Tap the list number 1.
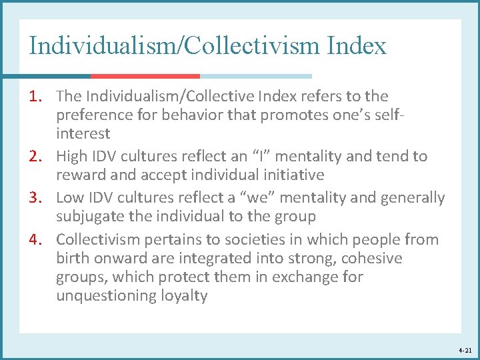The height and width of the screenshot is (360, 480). [37, 97]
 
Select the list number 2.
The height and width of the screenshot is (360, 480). [37, 157]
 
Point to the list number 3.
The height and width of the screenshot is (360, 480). [37, 198]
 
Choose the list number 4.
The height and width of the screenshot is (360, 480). [37, 239]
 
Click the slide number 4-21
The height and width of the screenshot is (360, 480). [465, 349]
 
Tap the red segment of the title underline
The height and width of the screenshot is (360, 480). [145, 76]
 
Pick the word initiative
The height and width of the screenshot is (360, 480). [293, 175]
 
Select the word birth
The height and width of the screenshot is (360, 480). [71, 258]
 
